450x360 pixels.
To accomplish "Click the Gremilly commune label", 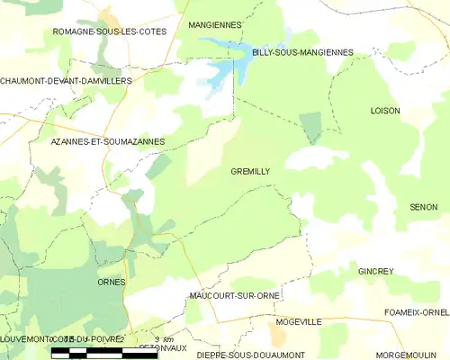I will [x=250, y=171].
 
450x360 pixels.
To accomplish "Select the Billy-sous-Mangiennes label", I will [x=302, y=53].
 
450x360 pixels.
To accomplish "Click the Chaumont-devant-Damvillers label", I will [x=66, y=81].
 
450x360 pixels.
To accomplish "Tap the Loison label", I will [x=385, y=111].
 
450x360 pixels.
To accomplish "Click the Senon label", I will [x=422, y=207].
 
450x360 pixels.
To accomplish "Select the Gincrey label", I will [x=376, y=271].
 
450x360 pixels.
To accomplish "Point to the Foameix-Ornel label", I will [x=416, y=312].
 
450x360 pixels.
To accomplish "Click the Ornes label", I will [x=111, y=282].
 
